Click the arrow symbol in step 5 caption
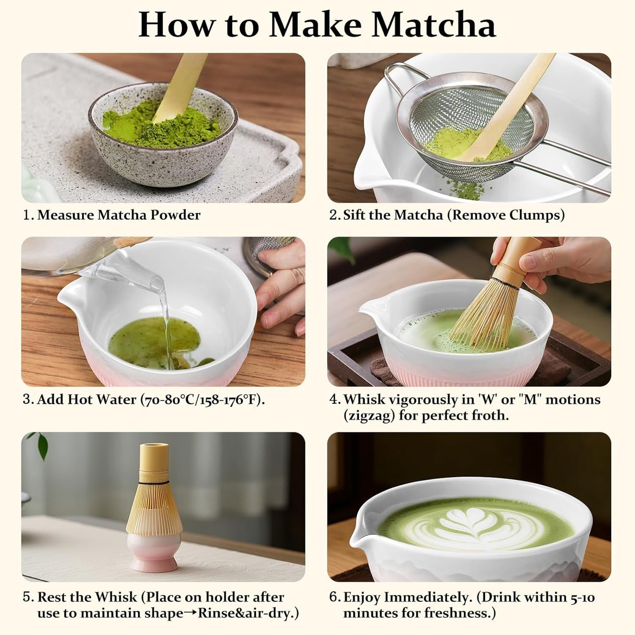[190, 613]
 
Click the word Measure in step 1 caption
[66, 215]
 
